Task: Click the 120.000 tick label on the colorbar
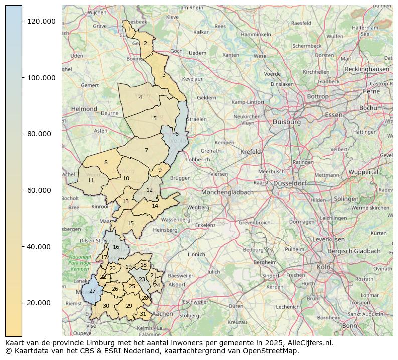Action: (x=41, y=21)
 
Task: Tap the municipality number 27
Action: (x=92, y=291)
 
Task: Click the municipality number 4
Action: (x=140, y=97)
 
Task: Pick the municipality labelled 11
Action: (x=91, y=180)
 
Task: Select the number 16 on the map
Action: (x=116, y=247)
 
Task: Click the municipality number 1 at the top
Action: (x=129, y=30)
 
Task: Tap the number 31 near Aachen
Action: (x=143, y=314)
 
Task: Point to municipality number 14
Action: (x=155, y=206)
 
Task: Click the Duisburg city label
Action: (x=287, y=122)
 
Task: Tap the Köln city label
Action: (x=323, y=267)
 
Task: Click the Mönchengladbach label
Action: (x=228, y=192)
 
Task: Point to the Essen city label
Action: (x=334, y=115)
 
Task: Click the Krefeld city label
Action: (x=251, y=151)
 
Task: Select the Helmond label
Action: (x=84, y=109)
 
